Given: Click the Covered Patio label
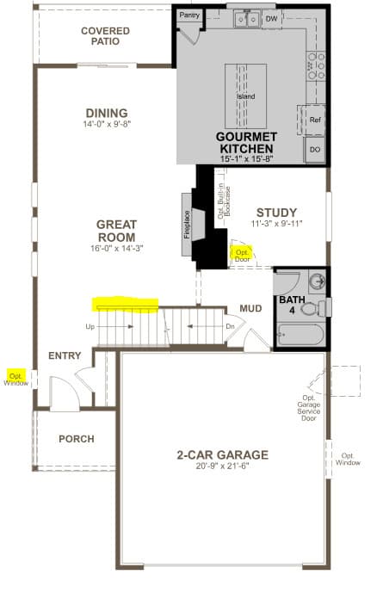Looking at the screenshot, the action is click(105, 36).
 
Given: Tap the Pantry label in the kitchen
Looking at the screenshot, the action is click(189, 15).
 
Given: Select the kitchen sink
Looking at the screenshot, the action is click(246, 19).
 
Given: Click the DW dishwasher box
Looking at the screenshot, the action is click(271, 19).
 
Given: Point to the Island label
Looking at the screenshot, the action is click(246, 96).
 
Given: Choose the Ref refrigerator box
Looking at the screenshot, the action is click(315, 120).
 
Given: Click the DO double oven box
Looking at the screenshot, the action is click(315, 150).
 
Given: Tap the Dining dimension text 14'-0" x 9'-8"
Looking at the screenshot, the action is click(107, 124).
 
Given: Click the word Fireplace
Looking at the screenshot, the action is click(187, 225).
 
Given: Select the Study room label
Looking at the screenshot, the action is click(277, 213).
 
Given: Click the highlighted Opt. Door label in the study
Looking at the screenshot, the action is click(242, 256).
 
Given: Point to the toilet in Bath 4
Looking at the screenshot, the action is click(313, 308).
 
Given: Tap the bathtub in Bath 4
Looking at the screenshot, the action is click(300, 334).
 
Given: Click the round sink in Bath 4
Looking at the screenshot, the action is click(317, 281).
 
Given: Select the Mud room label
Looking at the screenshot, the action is click(250, 309).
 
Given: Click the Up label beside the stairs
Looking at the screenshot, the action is click(90, 326).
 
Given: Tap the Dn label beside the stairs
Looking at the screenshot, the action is click(231, 326).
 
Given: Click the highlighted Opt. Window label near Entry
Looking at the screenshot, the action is click(16, 380).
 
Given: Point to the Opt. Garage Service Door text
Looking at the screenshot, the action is click(309, 408).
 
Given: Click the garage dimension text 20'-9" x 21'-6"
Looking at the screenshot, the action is click(222, 466).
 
